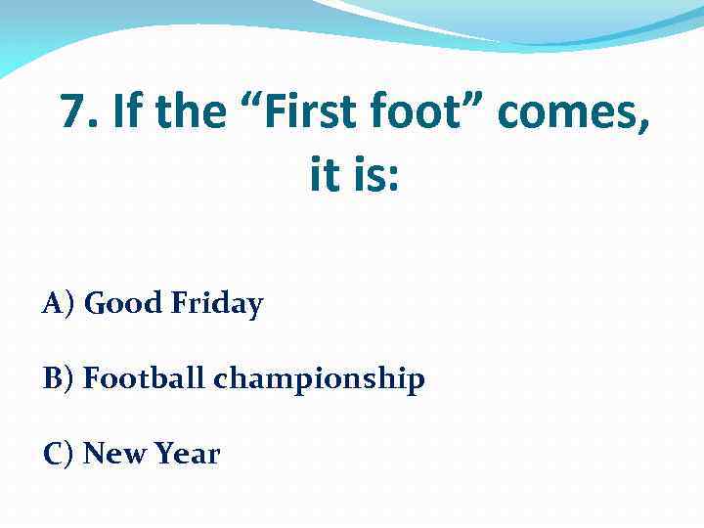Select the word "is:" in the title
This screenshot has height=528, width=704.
tap(375, 177)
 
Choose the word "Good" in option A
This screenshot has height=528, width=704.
tap(123, 304)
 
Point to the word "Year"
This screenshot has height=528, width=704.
tap(186, 454)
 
